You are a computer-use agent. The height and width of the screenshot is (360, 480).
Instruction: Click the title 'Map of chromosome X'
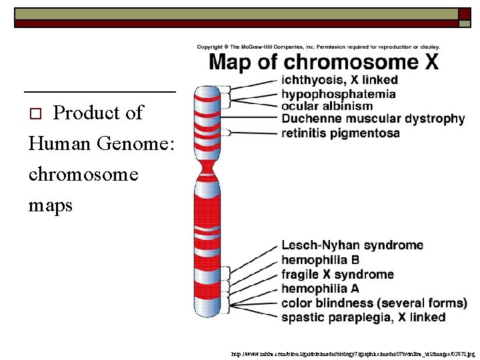tap(324, 63)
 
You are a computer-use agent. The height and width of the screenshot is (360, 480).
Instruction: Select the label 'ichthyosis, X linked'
tap(339, 81)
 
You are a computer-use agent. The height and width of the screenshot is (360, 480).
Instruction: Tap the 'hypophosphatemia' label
tap(338, 93)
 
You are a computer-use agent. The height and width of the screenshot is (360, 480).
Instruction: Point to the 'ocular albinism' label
tap(327, 106)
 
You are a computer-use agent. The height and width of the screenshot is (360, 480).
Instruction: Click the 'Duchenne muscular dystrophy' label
tap(373, 119)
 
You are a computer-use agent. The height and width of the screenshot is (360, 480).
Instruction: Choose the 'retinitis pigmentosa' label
tap(340, 133)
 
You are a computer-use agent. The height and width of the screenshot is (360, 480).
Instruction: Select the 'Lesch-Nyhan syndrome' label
tap(352, 246)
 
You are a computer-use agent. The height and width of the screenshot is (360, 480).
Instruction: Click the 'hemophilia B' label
tap(320, 260)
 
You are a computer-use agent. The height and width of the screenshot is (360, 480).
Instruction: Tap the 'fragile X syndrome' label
tap(337, 275)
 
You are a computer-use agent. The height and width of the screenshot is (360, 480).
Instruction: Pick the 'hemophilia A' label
tap(320, 289)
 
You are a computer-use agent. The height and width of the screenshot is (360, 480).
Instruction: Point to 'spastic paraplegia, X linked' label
tap(363, 317)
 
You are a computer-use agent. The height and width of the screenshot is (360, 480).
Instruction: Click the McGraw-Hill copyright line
tap(318, 47)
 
